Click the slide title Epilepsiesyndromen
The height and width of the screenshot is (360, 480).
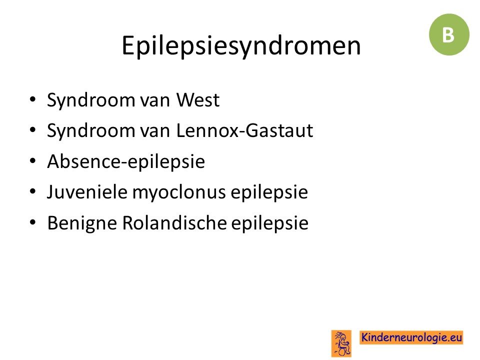(x=241, y=46)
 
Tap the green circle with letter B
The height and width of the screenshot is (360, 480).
(x=449, y=34)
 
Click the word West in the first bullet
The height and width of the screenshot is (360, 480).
(x=198, y=100)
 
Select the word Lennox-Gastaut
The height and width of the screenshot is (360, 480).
(x=244, y=130)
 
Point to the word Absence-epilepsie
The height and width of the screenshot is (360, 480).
(x=126, y=161)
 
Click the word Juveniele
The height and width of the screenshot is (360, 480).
(x=87, y=192)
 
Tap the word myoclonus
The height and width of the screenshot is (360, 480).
(x=179, y=193)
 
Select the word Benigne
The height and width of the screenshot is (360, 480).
(x=82, y=223)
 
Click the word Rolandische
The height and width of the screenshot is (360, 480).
(x=174, y=222)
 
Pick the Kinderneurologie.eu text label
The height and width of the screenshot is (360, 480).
(x=411, y=337)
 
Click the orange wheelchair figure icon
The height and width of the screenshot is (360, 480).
(x=341, y=343)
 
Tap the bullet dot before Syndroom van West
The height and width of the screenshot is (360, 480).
(x=33, y=99)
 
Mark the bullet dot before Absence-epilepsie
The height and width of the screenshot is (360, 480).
(x=33, y=160)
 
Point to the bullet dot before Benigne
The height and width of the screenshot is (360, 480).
(x=33, y=222)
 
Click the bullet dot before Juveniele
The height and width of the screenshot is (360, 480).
(x=33, y=191)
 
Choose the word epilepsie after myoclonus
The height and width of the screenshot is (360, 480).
(x=269, y=193)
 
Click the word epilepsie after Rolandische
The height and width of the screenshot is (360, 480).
(x=269, y=223)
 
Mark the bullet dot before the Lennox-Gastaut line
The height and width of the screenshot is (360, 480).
(x=33, y=130)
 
